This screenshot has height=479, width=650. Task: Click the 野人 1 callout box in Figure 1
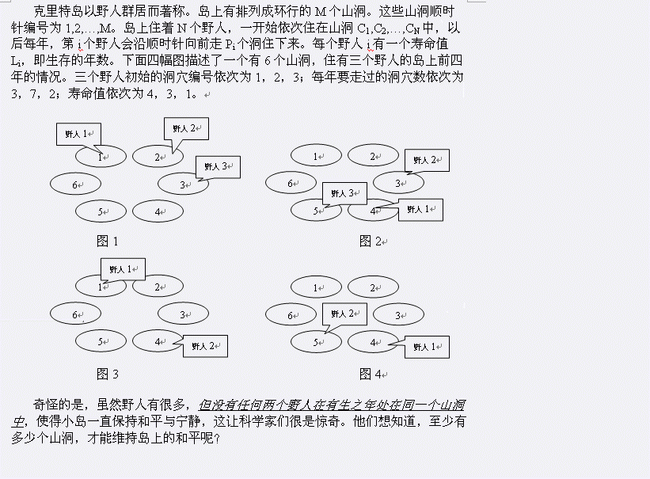[x=78, y=134]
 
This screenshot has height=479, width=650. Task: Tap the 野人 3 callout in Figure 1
[x=217, y=166]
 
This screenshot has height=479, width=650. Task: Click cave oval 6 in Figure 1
[x=76, y=184]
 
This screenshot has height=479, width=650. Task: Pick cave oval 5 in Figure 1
[x=101, y=211]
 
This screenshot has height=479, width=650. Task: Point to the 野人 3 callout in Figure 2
[x=344, y=193]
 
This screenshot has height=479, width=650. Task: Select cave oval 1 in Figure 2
[x=316, y=157]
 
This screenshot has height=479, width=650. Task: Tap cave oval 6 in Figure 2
[x=291, y=184]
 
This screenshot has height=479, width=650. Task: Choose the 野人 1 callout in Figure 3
[x=123, y=269]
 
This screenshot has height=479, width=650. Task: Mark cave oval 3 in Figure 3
[x=183, y=314]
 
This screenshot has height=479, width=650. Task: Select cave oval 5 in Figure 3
[x=101, y=341]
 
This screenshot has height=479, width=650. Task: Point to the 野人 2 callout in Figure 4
[x=344, y=314]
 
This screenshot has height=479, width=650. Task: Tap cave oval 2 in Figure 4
[x=373, y=288]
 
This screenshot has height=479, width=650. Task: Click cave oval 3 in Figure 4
[x=398, y=314]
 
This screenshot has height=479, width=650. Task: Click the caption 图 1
[x=107, y=241]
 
